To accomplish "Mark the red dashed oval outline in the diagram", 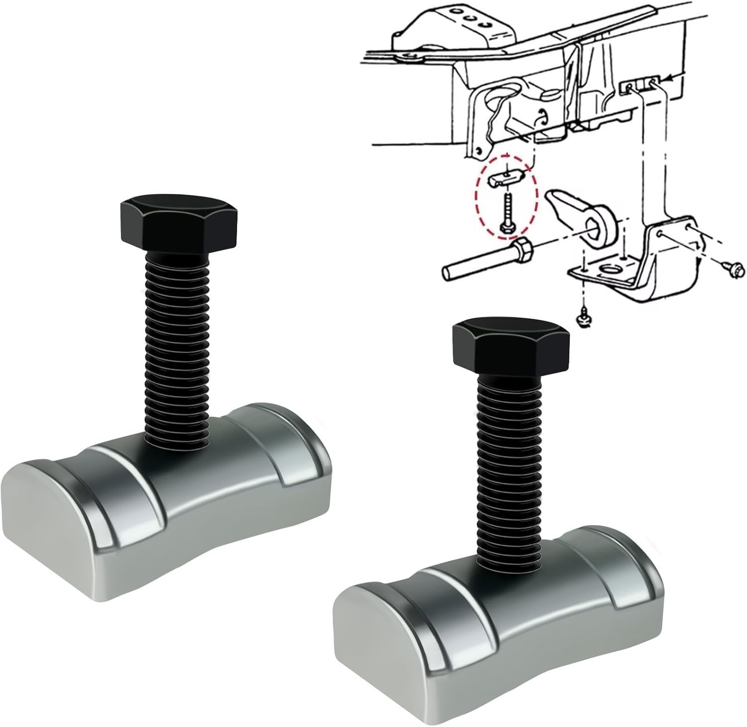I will pyautogui.click(x=481, y=199).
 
